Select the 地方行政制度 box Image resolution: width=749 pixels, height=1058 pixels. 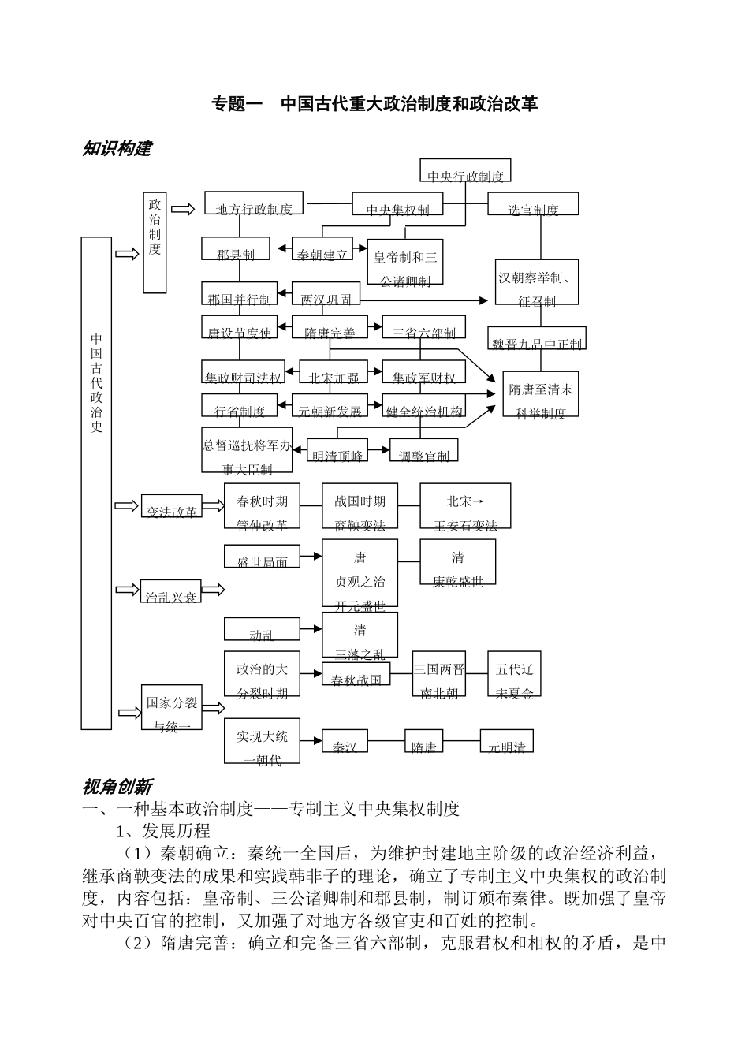coord(254,203)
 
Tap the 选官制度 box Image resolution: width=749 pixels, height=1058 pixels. coord(533,203)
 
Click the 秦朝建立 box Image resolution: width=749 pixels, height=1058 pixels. coord(322,249)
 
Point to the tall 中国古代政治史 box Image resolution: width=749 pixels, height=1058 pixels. coord(96,482)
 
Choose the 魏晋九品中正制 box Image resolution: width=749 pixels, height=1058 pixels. coord(536,338)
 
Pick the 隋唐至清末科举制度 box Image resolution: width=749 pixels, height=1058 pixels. coord(541,394)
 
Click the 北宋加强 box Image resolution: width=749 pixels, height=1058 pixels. coord(334,372)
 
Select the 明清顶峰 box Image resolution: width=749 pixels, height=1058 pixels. coord(337,450)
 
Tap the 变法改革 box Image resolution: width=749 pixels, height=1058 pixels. coord(171,506)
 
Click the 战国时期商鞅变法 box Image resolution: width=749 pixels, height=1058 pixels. coord(360,506)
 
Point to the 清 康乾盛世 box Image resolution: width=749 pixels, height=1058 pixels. coord(457,562)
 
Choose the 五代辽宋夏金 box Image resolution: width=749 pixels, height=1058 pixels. coord(514,675)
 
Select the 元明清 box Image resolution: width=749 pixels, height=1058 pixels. coord(506,741)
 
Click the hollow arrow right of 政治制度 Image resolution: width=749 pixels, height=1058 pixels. coord(183,208)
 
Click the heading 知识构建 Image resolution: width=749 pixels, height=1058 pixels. coord(116,148)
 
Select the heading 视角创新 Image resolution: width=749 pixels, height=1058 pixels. coord(116,786)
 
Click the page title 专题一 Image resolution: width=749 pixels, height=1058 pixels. coord(237,103)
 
